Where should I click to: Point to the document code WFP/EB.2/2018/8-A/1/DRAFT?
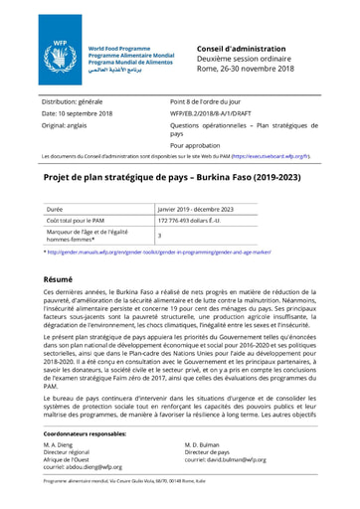tap(216, 114)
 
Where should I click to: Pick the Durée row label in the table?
tap(55, 210)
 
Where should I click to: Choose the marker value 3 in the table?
tap(160, 236)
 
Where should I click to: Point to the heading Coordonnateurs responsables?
tap(85, 434)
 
